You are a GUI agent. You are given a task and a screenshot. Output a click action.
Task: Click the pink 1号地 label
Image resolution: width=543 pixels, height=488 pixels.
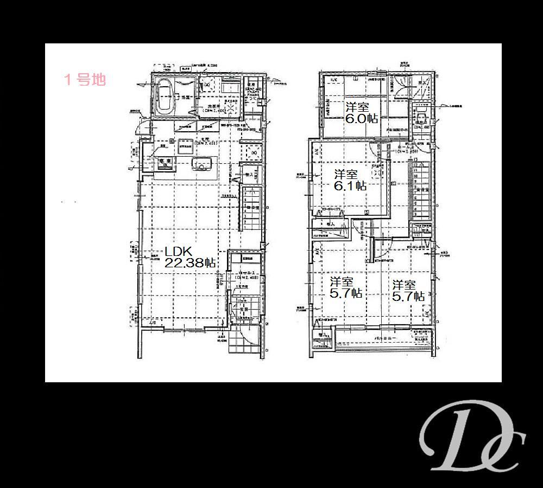click(x=85, y=80)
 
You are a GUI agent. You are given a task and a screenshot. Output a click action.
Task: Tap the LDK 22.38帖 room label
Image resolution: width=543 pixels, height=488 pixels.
click(x=190, y=257)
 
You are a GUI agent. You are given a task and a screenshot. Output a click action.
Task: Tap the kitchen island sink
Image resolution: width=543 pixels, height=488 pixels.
click(x=203, y=165)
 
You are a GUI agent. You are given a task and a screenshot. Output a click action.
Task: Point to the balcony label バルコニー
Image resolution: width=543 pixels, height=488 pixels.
click(x=386, y=338)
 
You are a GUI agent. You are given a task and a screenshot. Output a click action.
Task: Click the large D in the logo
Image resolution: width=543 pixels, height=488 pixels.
click(x=456, y=434)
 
